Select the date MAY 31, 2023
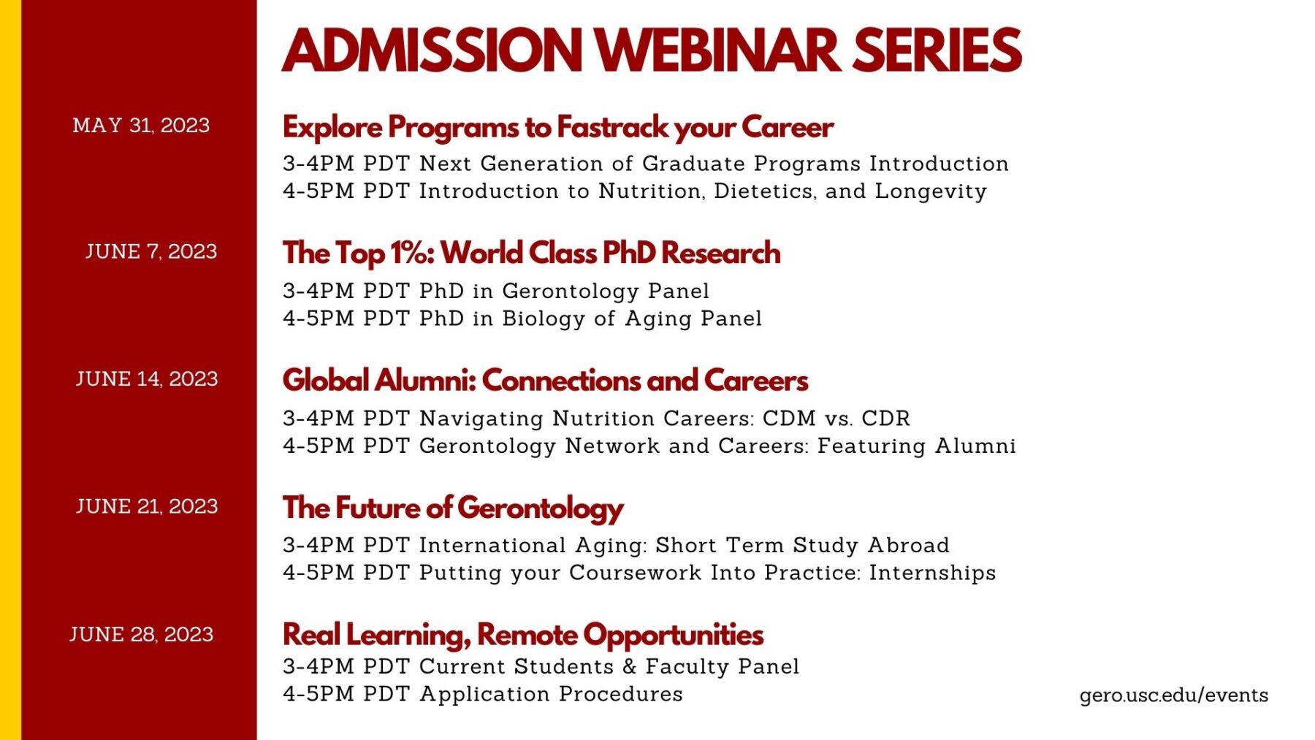point(141,126)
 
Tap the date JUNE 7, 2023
point(151,251)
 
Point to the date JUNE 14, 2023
point(147,378)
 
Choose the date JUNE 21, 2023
point(147,506)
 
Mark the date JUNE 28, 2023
point(142,634)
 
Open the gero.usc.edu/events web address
point(1174,695)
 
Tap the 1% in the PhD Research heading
point(411,253)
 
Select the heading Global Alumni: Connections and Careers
point(546,380)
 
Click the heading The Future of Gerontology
point(453,508)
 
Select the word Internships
point(932,573)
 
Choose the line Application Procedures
point(551,694)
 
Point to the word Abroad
point(908,545)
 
